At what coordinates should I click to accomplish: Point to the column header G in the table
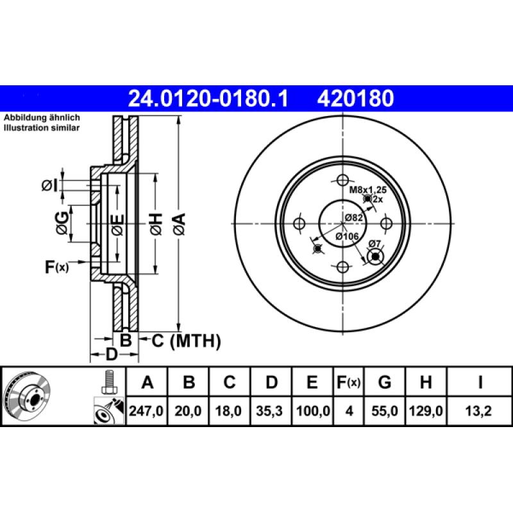(x=385, y=383)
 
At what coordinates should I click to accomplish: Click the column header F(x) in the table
(x=349, y=383)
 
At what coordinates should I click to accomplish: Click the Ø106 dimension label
(x=347, y=236)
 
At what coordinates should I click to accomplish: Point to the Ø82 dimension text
(x=354, y=218)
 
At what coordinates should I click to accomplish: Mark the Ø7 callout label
(x=374, y=243)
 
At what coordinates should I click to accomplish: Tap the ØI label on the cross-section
(x=49, y=185)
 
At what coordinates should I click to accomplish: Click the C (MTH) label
(x=185, y=341)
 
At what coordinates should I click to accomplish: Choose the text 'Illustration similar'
(x=42, y=128)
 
